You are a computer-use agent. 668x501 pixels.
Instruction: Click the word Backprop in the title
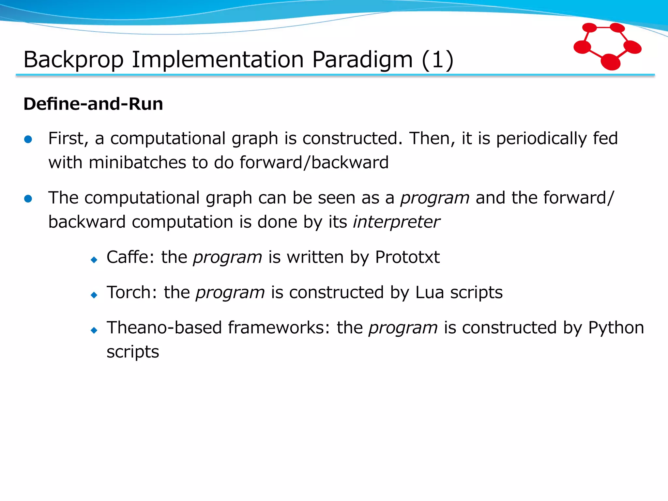coord(73,60)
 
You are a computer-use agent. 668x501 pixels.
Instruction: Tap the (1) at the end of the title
coord(437,60)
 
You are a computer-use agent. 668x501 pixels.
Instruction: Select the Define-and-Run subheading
coord(93,104)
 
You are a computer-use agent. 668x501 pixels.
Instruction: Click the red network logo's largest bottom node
coord(610,62)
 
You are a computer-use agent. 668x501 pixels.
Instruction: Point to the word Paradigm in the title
coord(362,60)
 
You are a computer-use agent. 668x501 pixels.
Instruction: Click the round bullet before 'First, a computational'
coord(28,140)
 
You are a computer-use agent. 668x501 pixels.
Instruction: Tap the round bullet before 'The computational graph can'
coord(28,199)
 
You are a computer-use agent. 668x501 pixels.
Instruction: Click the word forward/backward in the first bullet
coord(314,162)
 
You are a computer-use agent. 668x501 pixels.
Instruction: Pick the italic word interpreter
coord(396,222)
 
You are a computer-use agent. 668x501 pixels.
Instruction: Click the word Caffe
coord(128,257)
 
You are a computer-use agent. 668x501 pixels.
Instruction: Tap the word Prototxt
coord(407,257)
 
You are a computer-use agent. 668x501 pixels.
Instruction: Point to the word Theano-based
coord(164,327)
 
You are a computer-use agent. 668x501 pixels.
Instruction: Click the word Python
coord(616,327)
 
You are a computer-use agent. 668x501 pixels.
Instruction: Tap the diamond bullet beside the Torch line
coord(94,295)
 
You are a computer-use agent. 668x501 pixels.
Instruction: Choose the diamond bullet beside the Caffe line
coord(94,260)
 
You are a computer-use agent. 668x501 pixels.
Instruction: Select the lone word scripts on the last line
coord(133,352)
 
